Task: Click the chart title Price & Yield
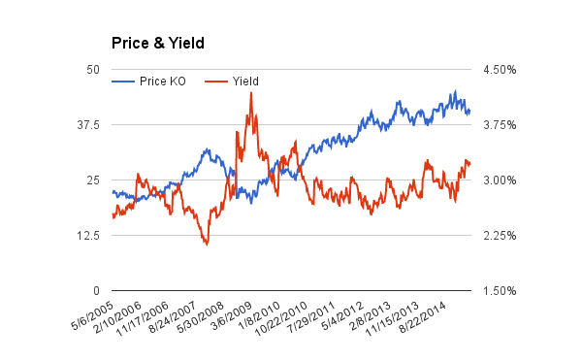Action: pyautogui.click(x=158, y=43)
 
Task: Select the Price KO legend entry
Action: pyautogui.click(x=148, y=82)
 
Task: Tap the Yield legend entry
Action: pyautogui.click(x=232, y=82)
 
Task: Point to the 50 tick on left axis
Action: pyautogui.click(x=93, y=70)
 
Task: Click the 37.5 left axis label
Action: pyautogui.click(x=88, y=125)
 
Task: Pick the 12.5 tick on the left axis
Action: pyautogui.click(x=88, y=235)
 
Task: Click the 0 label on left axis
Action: pyautogui.click(x=96, y=290)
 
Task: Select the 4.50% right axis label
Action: pyautogui.click(x=500, y=70)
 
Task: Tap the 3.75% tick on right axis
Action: pyautogui.click(x=500, y=125)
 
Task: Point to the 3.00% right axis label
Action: pyautogui.click(x=500, y=180)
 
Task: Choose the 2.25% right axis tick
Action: pyautogui.click(x=500, y=235)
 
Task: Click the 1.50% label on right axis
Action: pyautogui.click(x=500, y=290)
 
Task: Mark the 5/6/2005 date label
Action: pyautogui.click(x=92, y=315)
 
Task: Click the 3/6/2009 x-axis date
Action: pyautogui.click(x=231, y=315)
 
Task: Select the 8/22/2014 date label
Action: pyautogui.click(x=423, y=317)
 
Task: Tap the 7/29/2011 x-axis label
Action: pyautogui.click(x=311, y=317)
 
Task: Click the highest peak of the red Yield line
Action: pyautogui.click(x=251, y=93)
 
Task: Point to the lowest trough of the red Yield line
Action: pyautogui.click(x=207, y=245)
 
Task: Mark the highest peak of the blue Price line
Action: pyautogui.click(x=456, y=91)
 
